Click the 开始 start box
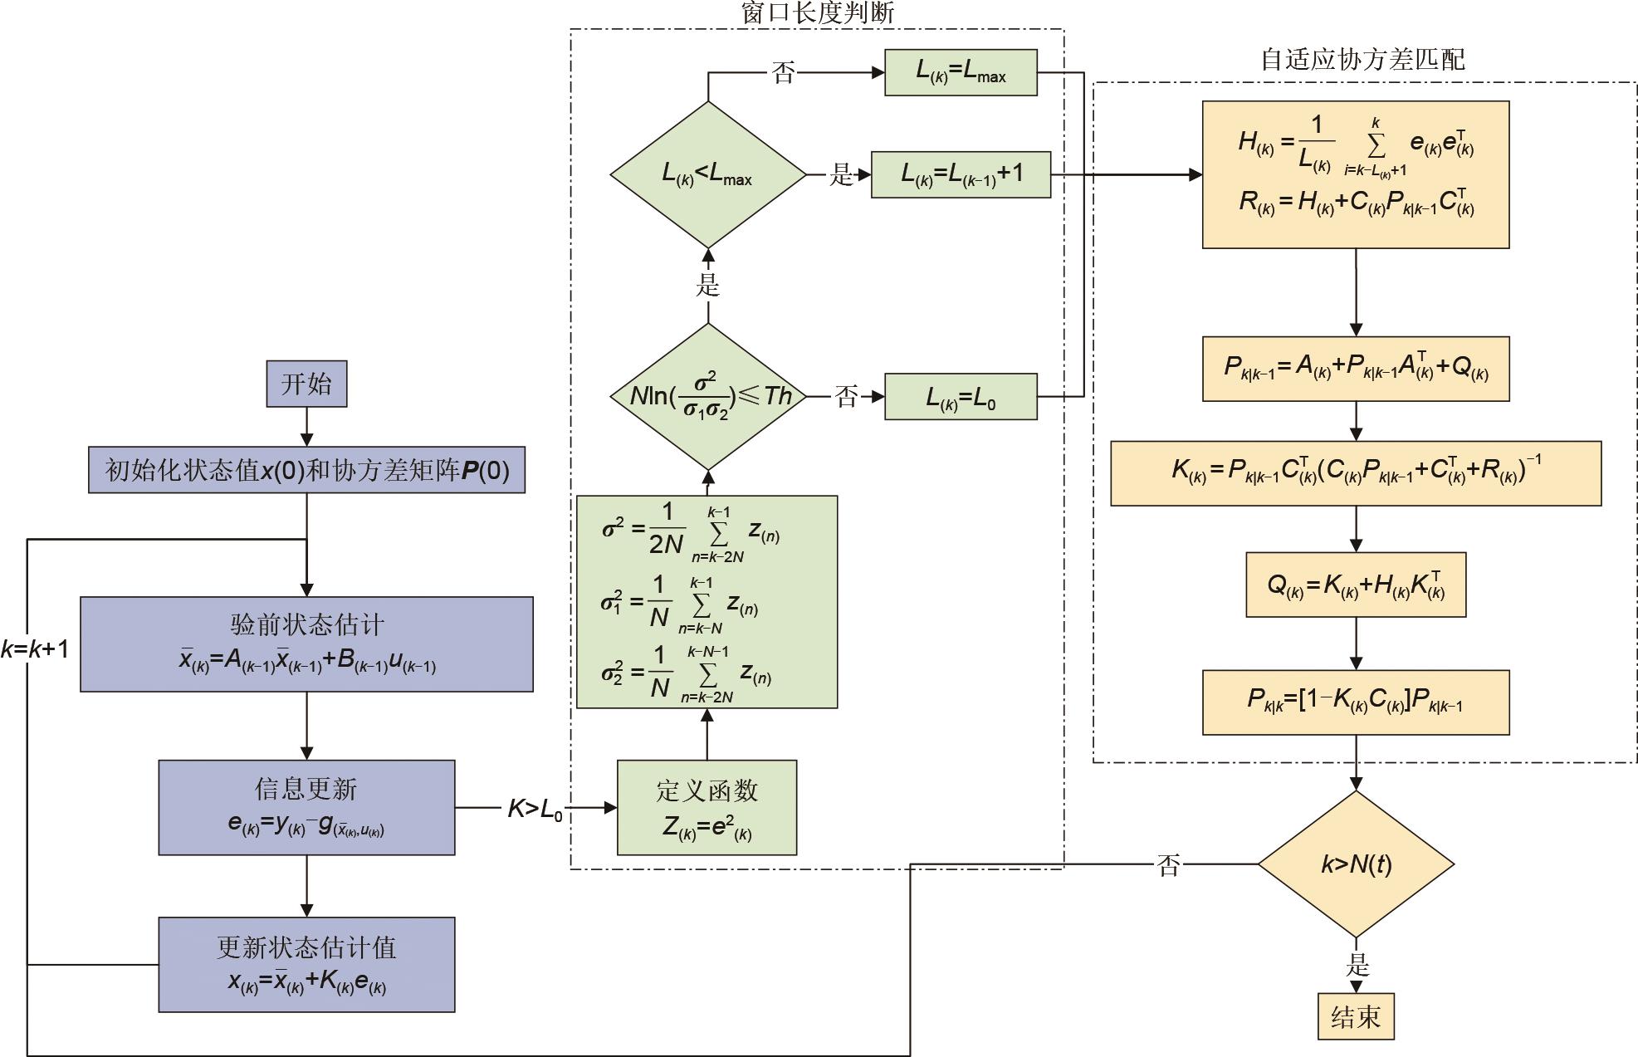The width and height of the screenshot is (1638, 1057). (306, 384)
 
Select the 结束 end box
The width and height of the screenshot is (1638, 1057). (1355, 1016)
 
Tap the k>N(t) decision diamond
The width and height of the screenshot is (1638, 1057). (1356, 864)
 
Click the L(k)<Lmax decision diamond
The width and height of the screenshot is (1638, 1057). (707, 174)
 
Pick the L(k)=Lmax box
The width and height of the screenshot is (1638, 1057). (961, 73)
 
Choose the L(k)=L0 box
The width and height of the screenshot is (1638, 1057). (961, 397)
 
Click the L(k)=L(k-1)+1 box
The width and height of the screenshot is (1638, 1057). (961, 174)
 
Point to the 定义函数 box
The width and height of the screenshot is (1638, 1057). (707, 807)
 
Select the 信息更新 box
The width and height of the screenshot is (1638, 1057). (306, 807)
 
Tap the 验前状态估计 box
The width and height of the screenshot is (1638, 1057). (306, 643)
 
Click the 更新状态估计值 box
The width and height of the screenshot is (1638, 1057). (306, 964)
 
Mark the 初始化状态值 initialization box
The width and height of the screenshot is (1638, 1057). (306, 470)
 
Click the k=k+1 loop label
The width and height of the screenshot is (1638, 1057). (35, 648)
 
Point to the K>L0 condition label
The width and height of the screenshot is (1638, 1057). (535, 809)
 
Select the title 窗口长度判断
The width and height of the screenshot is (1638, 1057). (817, 12)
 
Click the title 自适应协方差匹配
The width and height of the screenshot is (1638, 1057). (1362, 60)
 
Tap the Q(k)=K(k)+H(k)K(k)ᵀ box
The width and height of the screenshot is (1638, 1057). (1356, 585)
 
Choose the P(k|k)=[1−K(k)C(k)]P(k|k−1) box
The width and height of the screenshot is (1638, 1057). (1356, 702)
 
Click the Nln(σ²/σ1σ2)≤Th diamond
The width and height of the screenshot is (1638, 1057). (707, 397)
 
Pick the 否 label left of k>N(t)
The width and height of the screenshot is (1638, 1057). (1168, 866)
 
